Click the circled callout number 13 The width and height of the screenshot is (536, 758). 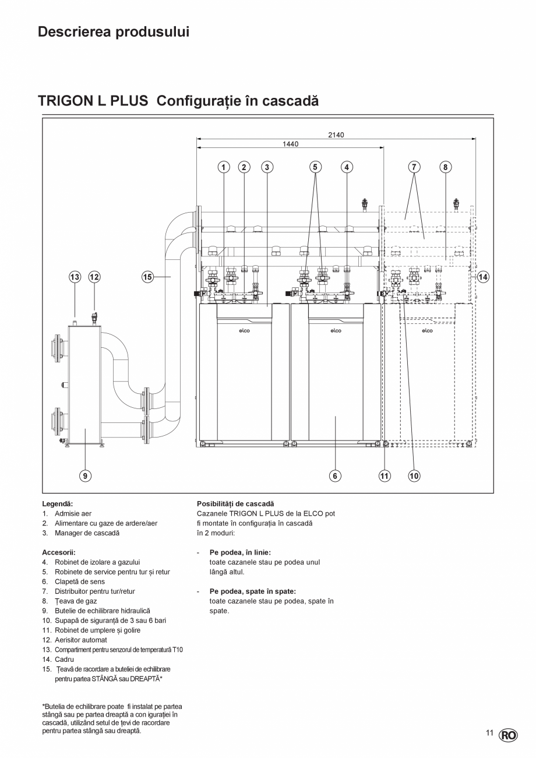[x=75, y=277]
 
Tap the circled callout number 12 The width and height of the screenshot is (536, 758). [x=94, y=277]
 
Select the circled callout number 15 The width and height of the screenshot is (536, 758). [x=148, y=277]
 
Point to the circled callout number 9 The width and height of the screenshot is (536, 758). [x=85, y=476]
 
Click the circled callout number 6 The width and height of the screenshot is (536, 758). [x=335, y=476]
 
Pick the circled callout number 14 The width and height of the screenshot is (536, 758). [x=484, y=277]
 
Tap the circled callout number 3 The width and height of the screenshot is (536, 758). [x=267, y=167]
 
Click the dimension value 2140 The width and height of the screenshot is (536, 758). [x=336, y=135]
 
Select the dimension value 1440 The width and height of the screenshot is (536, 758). [x=291, y=143]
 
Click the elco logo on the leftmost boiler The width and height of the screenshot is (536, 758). [x=244, y=331]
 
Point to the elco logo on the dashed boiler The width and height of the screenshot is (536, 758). [x=427, y=331]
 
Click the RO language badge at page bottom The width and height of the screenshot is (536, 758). [x=507, y=735]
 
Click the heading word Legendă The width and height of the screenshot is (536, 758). [x=57, y=503]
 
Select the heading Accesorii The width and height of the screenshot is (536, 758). [x=59, y=552]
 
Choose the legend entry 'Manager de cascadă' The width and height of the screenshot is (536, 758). [x=87, y=533]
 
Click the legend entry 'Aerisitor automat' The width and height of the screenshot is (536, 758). [x=81, y=640]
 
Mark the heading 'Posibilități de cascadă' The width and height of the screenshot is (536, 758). [x=235, y=503]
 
